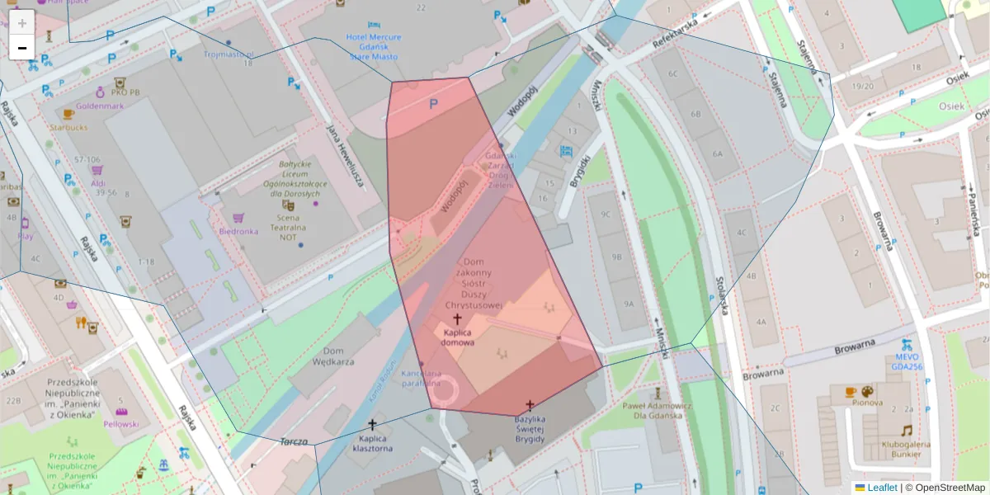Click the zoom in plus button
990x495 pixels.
coord(22,22)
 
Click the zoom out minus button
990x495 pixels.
coord(22,47)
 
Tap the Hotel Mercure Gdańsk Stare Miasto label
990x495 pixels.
coord(374,47)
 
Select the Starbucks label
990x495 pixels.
coord(68,127)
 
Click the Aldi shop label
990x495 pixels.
coord(98,182)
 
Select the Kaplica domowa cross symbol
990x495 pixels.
coord(457,318)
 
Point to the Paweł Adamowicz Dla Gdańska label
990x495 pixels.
coord(658,410)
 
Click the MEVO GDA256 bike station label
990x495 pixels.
coord(907,362)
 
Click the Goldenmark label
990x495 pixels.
coord(99,106)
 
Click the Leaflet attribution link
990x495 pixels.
coord(881,488)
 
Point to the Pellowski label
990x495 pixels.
coord(120,423)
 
